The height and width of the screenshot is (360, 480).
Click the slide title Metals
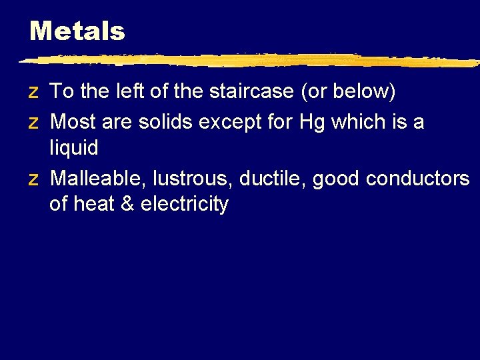click(x=77, y=31)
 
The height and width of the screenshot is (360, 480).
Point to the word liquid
click(x=73, y=148)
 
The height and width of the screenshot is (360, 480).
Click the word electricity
click(x=185, y=204)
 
